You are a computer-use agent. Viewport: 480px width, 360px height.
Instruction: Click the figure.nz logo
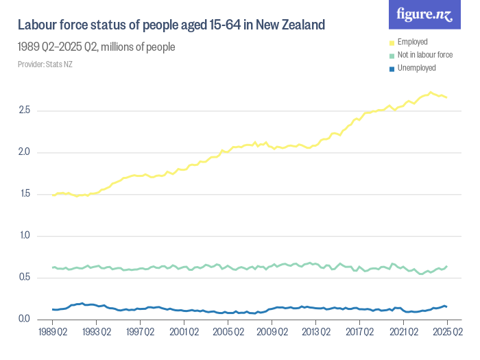[424, 14]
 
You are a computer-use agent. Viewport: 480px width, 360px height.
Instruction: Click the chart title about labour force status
[171, 25]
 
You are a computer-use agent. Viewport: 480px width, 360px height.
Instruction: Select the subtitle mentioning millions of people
[96, 47]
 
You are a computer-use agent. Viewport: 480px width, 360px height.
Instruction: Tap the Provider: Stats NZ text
[45, 64]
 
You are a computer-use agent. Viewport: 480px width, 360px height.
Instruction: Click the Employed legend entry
[412, 43]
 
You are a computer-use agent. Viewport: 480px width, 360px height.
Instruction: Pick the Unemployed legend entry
[416, 68]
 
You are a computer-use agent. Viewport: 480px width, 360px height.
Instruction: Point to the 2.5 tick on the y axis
[24, 110]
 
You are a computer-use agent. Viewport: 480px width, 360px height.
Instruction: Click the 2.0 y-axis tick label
[24, 152]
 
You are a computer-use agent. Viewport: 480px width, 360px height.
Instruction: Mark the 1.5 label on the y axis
[24, 194]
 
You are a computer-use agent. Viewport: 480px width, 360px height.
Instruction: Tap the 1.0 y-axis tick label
[24, 236]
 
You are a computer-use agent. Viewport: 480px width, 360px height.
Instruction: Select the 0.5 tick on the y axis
[24, 278]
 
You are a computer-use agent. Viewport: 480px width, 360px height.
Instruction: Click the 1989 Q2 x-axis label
[53, 332]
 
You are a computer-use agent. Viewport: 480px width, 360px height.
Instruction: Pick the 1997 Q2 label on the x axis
[141, 332]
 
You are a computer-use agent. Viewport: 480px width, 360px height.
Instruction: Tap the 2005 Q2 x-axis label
[228, 332]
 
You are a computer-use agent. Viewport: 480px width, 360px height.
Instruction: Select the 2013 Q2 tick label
[316, 332]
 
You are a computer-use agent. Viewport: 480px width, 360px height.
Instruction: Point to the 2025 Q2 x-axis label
[447, 332]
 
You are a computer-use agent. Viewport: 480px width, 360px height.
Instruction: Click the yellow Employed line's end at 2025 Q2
[447, 97]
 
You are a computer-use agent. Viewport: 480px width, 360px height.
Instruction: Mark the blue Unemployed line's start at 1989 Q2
[53, 309]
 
